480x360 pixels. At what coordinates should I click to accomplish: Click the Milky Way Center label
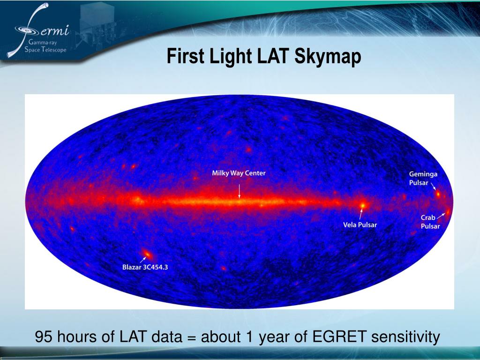coord(239,173)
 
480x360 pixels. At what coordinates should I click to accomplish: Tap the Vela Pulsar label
coord(360,225)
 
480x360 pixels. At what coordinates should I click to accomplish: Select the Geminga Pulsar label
coord(423,178)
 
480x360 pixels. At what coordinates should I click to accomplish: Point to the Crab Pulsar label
coord(430,222)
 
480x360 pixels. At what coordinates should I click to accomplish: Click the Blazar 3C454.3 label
coord(145,267)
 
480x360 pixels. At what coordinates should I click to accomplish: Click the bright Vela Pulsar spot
coord(362,205)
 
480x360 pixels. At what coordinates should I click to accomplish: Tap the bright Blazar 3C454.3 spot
coord(147,254)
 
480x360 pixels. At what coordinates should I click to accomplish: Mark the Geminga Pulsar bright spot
coord(438,194)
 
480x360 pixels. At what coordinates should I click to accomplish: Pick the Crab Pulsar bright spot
coord(448,212)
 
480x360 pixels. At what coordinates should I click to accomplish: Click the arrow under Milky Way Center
coord(240,191)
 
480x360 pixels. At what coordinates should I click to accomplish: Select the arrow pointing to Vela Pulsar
coord(361,214)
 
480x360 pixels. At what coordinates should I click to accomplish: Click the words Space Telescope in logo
coord(45,50)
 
